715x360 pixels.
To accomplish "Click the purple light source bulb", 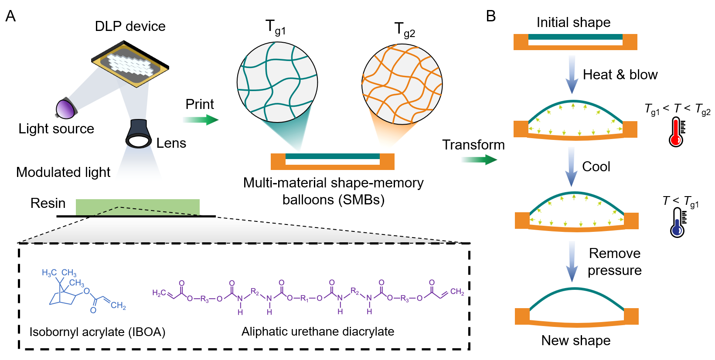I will pyautogui.click(x=65, y=109).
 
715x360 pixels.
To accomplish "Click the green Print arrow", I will pyautogui.click(x=201, y=119).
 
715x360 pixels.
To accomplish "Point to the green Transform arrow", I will pyautogui.click(x=479, y=160).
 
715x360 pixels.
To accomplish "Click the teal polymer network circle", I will pyautogui.click(x=277, y=82).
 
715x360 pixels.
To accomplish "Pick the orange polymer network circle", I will pyautogui.click(x=402, y=84).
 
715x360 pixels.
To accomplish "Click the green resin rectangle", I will pyautogui.click(x=137, y=207).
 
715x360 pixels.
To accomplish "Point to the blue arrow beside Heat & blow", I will pyautogui.click(x=572, y=75).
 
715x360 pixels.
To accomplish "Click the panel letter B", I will pyautogui.click(x=490, y=17).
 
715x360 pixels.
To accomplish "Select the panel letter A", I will pyautogui.click(x=10, y=17).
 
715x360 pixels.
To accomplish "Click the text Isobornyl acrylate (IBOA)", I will pyautogui.click(x=97, y=332).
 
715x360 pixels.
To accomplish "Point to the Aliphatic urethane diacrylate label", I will pyautogui.click(x=318, y=332).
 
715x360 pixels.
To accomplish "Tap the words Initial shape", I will pyautogui.click(x=573, y=22).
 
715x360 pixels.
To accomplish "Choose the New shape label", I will pyautogui.click(x=575, y=340).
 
